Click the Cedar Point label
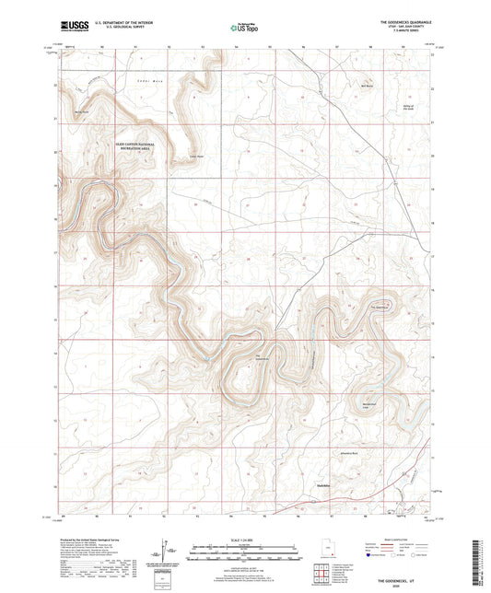tap(194, 156)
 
